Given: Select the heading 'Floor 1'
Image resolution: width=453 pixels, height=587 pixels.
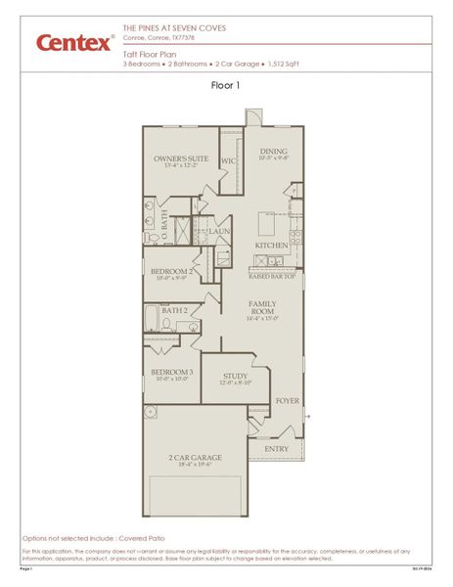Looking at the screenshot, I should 225,85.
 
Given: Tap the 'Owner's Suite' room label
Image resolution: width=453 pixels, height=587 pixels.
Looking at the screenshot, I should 178,158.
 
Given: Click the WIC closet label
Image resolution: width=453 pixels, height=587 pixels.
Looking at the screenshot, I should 228,160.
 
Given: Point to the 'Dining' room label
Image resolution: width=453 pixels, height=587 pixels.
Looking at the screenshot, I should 273,151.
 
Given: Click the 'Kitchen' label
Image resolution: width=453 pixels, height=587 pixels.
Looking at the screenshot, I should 271,245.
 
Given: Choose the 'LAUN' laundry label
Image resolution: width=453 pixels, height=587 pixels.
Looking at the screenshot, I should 221,232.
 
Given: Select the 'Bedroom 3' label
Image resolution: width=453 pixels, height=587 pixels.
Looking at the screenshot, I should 171,372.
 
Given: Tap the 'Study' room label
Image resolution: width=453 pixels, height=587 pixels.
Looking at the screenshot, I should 235,376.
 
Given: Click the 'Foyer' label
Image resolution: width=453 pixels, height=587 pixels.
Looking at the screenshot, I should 286,400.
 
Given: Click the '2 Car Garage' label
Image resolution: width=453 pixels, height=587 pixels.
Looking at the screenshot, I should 195,457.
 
